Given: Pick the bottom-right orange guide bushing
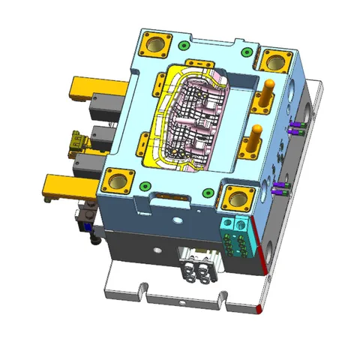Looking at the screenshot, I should point(238,198).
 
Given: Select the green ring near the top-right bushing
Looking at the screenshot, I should point(247,52).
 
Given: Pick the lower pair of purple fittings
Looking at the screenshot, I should point(280,187).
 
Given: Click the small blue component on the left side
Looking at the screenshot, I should point(88,225).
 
